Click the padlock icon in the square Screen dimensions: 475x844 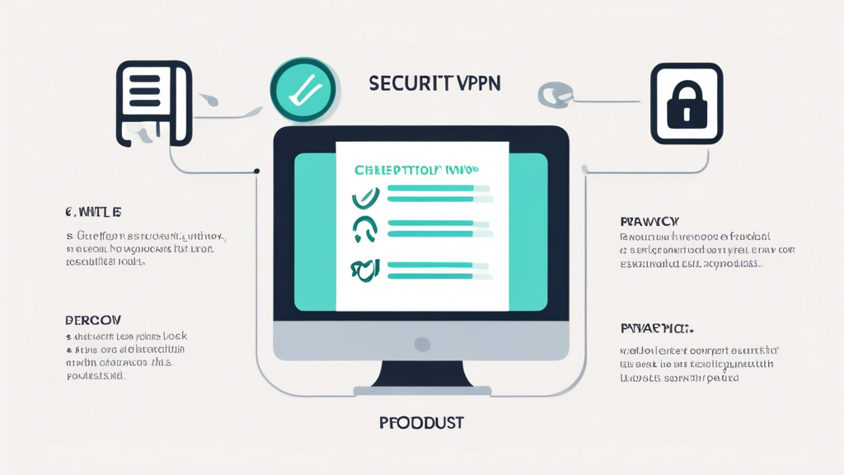tap(686, 105)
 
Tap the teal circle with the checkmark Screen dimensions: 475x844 tap(302, 89)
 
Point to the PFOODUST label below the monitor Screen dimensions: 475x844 tap(421, 423)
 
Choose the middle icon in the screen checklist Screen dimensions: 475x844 tap(365, 228)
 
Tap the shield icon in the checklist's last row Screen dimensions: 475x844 tap(365, 269)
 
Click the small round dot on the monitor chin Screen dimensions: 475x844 tap(422, 343)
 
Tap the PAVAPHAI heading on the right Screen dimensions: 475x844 tap(656, 328)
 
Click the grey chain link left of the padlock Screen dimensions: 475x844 tap(552, 94)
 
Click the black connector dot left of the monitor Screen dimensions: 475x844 tap(256, 172)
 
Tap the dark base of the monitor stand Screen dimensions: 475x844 tap(422, 389)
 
